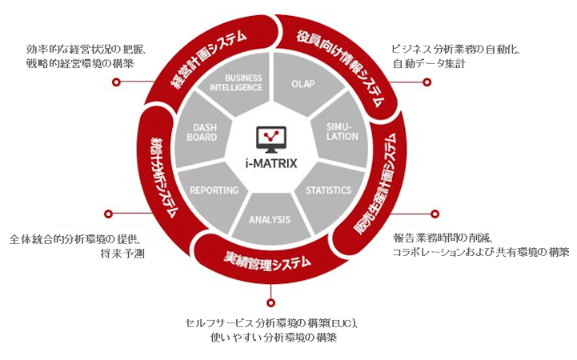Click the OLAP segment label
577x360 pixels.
[x=303, y=84]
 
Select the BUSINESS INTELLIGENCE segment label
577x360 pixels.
[x=236, y=82]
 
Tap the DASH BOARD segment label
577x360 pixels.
[x=202, y=132]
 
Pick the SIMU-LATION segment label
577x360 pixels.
[x=342, y=132]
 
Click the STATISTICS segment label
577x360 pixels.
[x=328, y=190]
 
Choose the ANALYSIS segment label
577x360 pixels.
[x=270, y=219]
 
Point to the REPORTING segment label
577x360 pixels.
[x=214, y=190]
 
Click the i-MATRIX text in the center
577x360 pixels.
[x=271, y=163]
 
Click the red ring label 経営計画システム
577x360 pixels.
[x=208, y=59]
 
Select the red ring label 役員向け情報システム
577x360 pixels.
[x=341, y=67]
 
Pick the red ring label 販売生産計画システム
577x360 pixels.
[x=375, y=183]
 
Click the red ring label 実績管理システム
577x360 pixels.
[x=267, y=262]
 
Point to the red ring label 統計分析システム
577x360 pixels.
[x=165, y=178]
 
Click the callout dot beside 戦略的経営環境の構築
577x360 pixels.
[x=116, y=82]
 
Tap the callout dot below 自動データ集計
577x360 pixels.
[x=427, y=82]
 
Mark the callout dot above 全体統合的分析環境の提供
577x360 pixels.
[x=108, y=214]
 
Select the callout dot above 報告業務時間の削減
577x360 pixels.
[x=435, y=214]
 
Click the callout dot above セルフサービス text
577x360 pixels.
[x=271, y=302]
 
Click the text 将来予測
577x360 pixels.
[x=122, y=254]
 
